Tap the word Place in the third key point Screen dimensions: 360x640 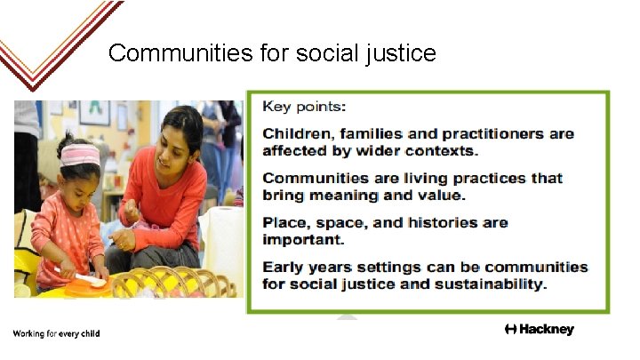[284, 222]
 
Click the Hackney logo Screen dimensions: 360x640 [539, 330]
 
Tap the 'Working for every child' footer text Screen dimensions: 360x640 [56, 333]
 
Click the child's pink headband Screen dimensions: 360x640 [80, 155]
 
